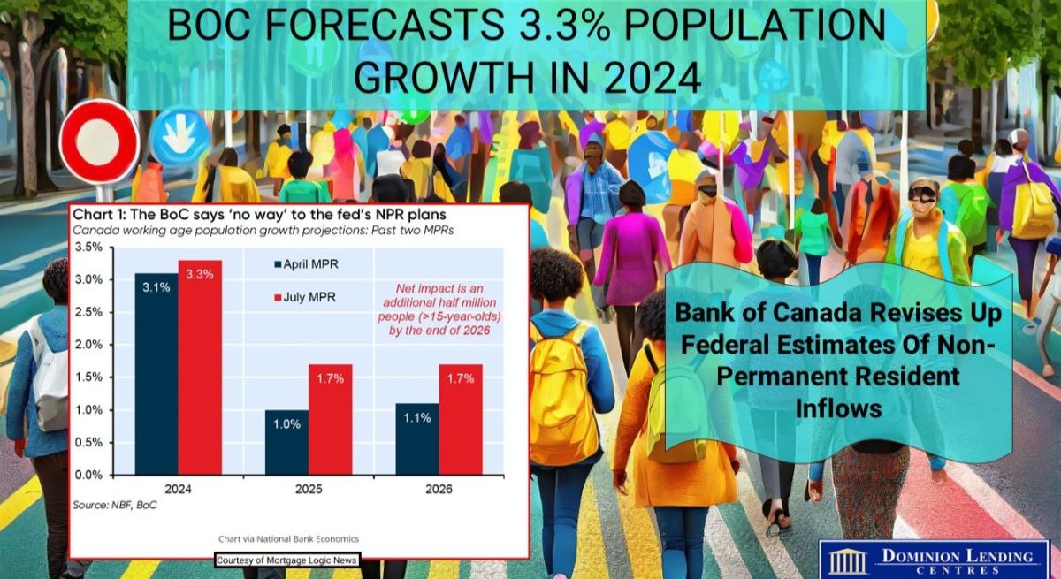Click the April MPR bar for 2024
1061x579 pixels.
156,374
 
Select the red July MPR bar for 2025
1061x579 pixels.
330,420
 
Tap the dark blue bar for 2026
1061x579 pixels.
417,438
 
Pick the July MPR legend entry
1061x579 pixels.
305,297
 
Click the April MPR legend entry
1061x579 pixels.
307,264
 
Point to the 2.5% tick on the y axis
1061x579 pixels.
88,312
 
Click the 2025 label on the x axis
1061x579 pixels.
309,489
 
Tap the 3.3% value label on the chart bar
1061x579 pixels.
200,274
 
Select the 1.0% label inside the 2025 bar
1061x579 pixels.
287,424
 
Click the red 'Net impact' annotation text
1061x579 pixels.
439,309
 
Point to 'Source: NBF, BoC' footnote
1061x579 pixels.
115,505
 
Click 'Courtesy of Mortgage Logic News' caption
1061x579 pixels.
287,560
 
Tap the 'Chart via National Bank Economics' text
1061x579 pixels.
288,538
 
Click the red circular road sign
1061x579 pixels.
99,142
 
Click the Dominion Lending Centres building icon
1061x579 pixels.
848,562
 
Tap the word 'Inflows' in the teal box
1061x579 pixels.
838,408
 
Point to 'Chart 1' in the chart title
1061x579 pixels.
96,215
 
